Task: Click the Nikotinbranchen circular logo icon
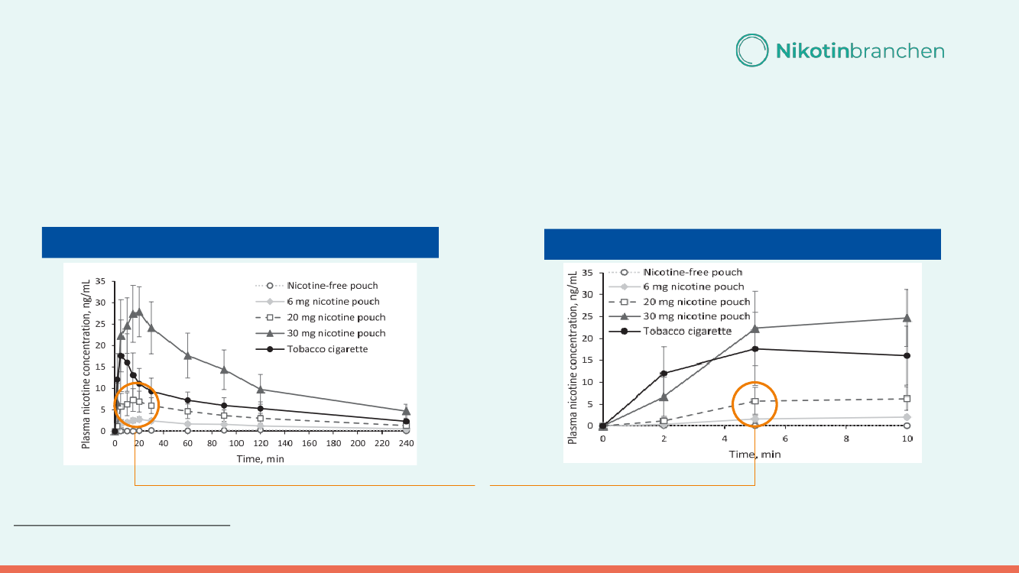click(x=752, y=50)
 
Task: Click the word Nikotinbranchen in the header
click(x=860, y=51)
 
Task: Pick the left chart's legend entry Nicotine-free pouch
click(x=333, y=286)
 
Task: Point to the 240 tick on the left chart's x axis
click(x=406, y=443)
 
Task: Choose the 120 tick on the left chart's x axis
click(x=260, y=443)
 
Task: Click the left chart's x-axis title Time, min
click(x=260, y=458)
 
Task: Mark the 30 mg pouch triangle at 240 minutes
click(x=406, y=411)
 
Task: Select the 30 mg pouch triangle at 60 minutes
click(x=187, y=355)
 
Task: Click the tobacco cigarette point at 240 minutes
click(x=406, y=421)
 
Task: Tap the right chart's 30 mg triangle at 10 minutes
click(x=907, y=318)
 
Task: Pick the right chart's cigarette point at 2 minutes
click(x=664, y=374)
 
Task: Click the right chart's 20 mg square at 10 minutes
click(x=907, y=399)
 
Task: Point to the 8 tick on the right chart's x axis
click(x=846, y=439)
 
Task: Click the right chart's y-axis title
click(x=573, y=355)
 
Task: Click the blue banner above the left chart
click(x=239, y=243)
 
